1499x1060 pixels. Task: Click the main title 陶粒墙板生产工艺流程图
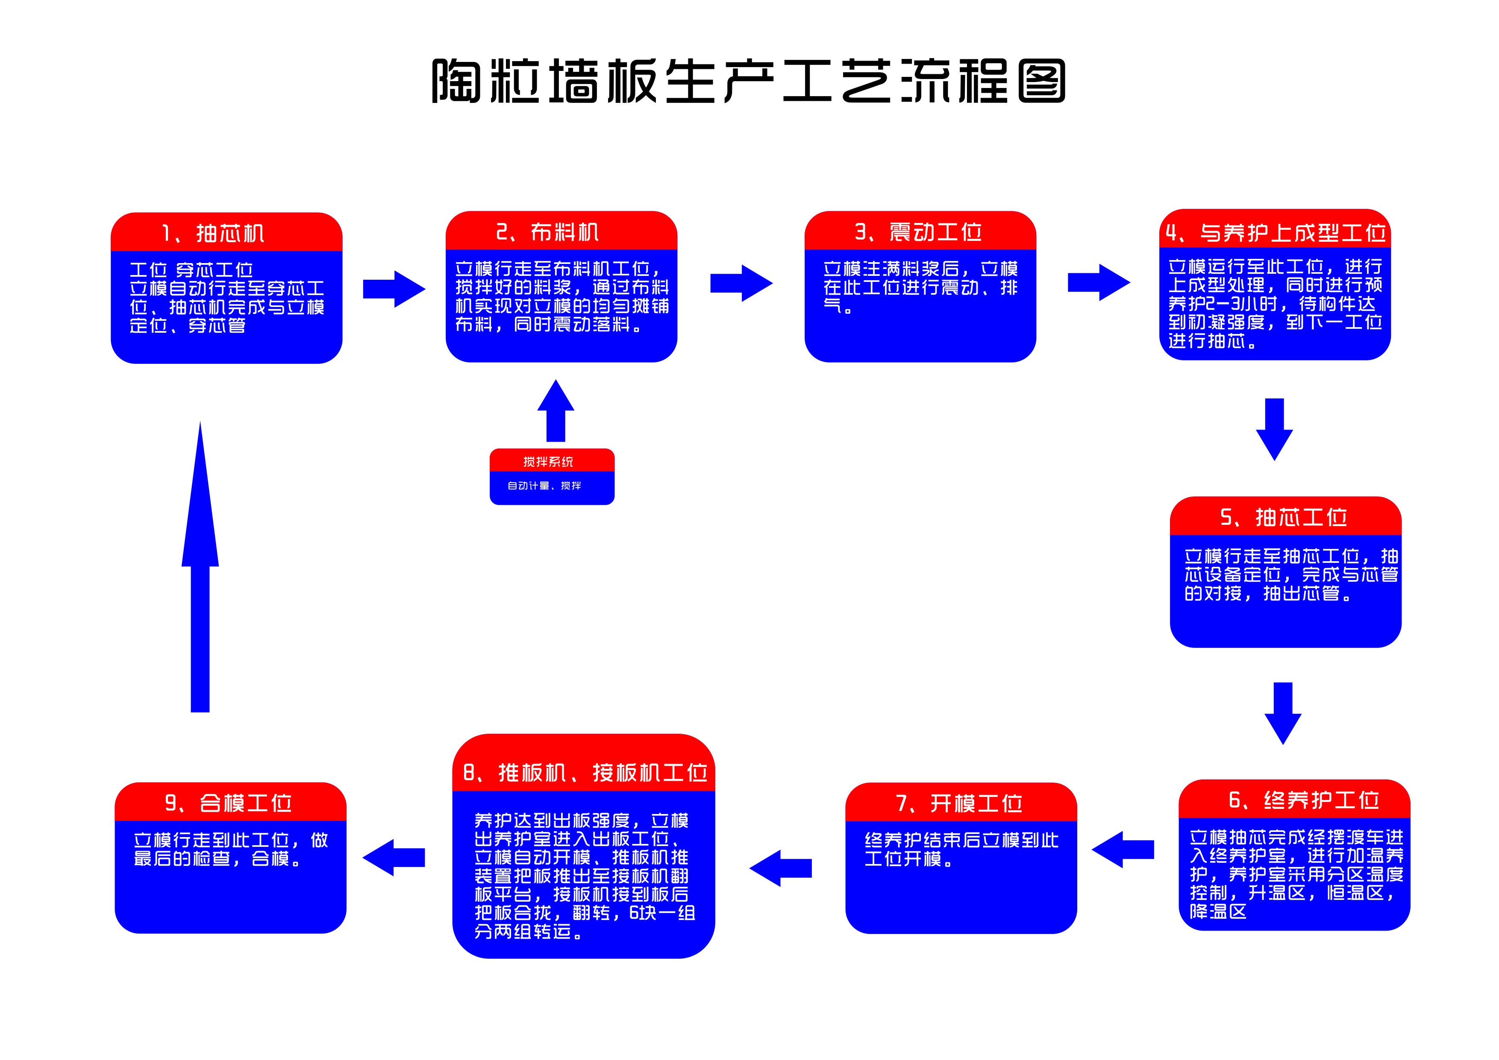(x=748, y=81)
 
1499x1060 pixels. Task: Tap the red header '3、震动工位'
(x=919, y=232)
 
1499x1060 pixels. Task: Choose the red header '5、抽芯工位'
(x=1284, y=517)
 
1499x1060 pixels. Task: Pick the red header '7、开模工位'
(x=960, y=803)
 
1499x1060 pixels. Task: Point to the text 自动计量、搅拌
(x=544, y=486)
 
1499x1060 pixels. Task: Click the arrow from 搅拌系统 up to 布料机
(x=556, y=411)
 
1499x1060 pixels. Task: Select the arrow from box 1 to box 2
(x=394, y=289)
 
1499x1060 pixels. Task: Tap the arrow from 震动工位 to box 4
(x=1098, y=283)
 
